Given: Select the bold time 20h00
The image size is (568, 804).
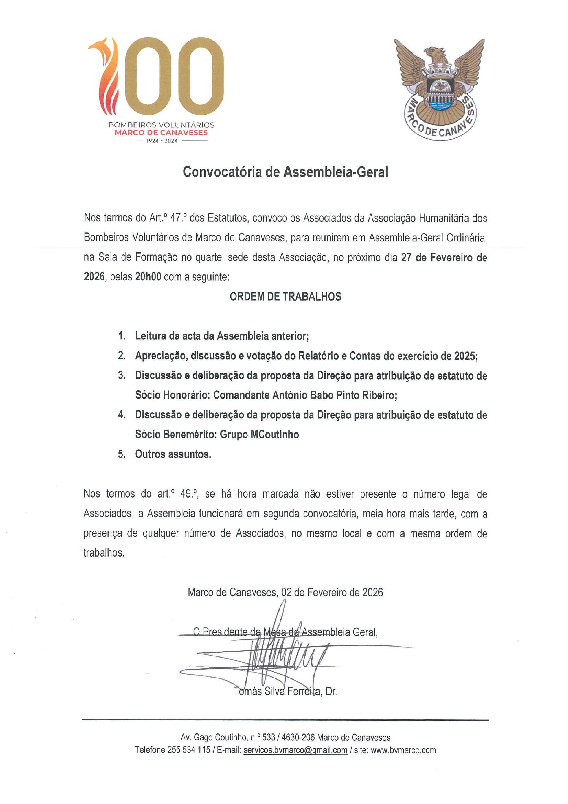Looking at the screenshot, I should point(148,277).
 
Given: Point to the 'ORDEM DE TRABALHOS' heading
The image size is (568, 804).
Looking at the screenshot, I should point(285,297).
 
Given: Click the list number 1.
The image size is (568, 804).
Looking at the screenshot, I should point(122,336).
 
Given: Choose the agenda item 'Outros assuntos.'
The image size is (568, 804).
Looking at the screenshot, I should point(173,454).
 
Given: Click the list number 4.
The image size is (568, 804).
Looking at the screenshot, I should point(122,415).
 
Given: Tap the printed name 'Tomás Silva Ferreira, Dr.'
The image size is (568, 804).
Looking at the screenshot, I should point(285,692).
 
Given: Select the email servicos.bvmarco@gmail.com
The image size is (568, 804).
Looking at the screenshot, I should point(295,750).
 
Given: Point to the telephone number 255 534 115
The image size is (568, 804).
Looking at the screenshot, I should point(189,750).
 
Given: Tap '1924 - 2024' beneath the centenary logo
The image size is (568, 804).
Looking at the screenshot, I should point(161,141).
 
